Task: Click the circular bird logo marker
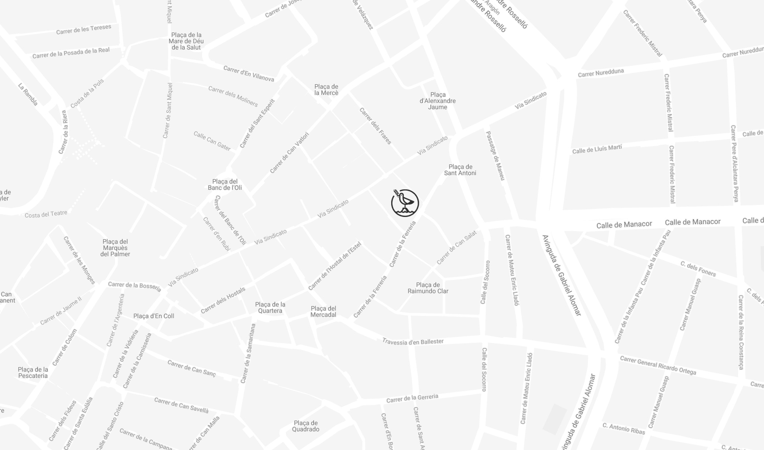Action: point(405,203)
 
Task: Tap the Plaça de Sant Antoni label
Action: point(460,170)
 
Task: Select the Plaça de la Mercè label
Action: point(326,90)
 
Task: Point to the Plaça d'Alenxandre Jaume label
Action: point(438,101)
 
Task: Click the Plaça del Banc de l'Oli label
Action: point(225,184)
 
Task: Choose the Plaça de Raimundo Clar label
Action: point(428,288)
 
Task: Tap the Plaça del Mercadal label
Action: point(323,311)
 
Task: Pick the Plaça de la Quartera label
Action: point(270,307)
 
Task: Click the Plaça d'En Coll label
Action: point(154,316)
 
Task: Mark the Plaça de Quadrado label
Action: point(306,426)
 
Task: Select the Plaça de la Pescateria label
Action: point(33,372)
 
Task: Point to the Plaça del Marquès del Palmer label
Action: point(115,248)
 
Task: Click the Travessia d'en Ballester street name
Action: point(413,342)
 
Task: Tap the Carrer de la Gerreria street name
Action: point(412,398)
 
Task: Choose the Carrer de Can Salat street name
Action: point(456,247)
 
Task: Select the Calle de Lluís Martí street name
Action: point(597,149)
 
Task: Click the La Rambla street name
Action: point(28,94)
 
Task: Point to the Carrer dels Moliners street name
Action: point(233,96)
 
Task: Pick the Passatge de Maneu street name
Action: point(495,155)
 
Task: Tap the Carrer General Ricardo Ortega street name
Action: point(658,365)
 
